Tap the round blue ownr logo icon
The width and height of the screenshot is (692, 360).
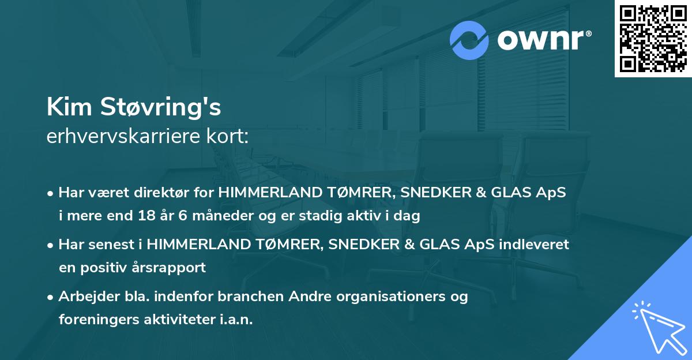pos(470,40)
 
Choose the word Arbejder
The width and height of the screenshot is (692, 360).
pos(86,297)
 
